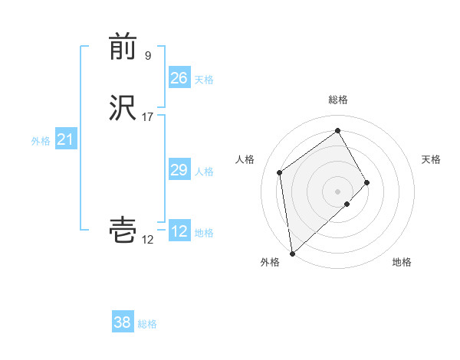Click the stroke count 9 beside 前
point(148,55)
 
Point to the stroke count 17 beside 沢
point(148,116)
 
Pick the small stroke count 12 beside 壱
point(147,240)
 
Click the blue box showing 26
point(179,77)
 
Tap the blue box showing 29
point(179,170)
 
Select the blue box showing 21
point(65,139)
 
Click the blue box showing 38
point(123,322)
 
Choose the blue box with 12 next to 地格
point(179,231)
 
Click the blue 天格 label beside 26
point(204,79)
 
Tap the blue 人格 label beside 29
point(204,172)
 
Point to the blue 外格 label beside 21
point(41,141)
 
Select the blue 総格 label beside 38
point(147,324)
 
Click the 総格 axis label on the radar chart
point(337,100)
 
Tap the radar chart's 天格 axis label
point(431,159)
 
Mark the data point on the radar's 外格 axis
point(292,253)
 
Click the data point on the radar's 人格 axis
point(280,172)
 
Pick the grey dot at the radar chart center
point(337,191)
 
